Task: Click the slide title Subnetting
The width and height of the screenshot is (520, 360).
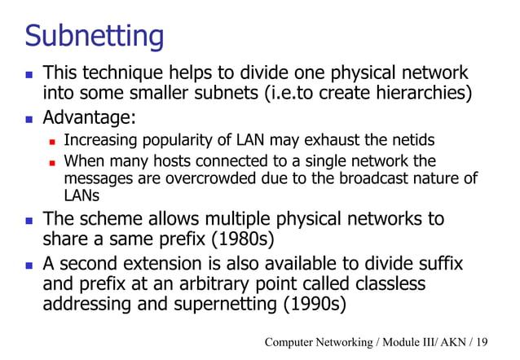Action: point(94,35)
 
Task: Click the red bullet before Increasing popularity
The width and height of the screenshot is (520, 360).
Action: point(51,140)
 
